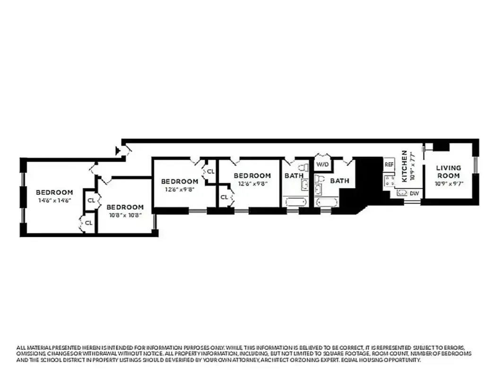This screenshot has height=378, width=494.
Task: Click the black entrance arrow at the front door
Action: point(118,151)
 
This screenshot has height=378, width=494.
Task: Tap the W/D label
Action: point(322,164)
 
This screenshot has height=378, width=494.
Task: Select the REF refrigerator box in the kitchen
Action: point(389,164)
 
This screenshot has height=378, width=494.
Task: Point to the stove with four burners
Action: point(389,180)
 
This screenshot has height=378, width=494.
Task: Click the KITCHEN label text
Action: point(405,166)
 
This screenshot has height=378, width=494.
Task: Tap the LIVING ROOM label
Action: point(448,172)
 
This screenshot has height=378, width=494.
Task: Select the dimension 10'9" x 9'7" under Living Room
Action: point(448,183)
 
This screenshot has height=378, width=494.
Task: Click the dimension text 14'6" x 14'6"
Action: point(54,200)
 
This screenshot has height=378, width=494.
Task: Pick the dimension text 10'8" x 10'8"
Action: point(124,215)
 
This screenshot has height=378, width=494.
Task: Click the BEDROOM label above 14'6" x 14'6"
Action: point(54,192)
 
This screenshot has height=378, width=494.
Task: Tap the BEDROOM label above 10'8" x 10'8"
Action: point(125,207)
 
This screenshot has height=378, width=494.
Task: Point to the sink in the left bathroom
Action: point(305,185)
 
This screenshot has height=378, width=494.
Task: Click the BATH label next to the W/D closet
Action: point(339,180)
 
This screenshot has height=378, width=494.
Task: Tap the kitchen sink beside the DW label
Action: point(402,193)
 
